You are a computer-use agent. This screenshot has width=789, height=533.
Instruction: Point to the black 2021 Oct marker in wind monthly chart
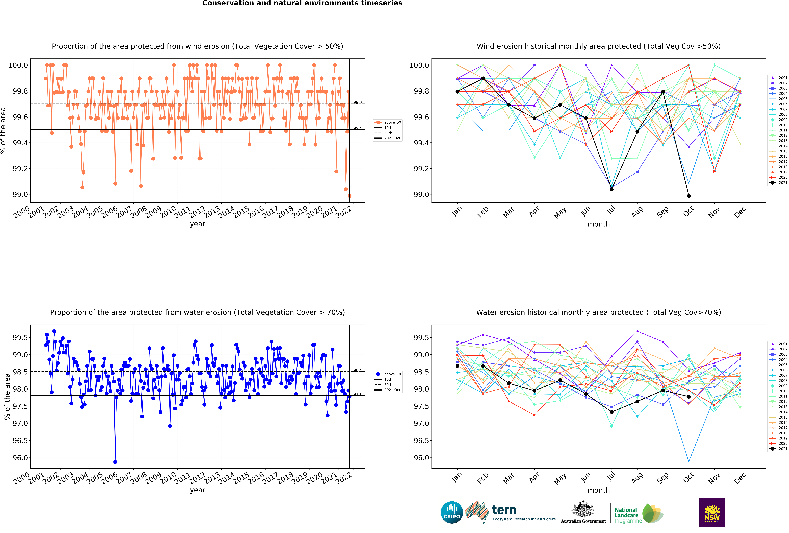pyautogui.click(x=689, y=196)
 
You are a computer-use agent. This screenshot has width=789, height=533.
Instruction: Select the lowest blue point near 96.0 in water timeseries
pyautogui.click(x=115, y=462)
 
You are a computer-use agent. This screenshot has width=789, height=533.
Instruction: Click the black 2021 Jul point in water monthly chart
pyautogui.click(x=611, y=412)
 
